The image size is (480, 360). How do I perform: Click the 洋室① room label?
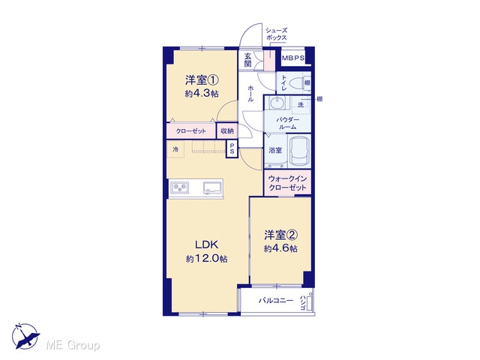click(x=202, y=80)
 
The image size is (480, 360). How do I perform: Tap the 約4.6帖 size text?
click(x=280, y=248)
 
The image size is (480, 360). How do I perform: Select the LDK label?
click(x=207, y=244)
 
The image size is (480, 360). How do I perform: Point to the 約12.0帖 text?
click(x=207, y=259)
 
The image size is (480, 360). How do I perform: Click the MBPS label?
click(x=293, y=58)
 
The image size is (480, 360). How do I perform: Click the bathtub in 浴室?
click(x=300, y=151)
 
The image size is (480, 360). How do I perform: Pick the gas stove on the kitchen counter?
click(x=180, y=187)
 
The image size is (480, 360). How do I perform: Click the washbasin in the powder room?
click(x=277, y=103)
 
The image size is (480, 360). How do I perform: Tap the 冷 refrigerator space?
click(x=175, y=149)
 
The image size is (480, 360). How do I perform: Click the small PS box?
click(x=232, y=149)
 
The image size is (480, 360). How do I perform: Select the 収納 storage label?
click(x=227, y=131)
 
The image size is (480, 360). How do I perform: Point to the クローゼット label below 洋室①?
click(x=191, y=131)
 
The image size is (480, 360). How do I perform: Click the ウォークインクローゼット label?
click(x=287, y=183)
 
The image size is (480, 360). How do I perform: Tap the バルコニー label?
click(x=276, y=301)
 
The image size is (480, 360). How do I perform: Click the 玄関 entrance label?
click(x=248, y=60)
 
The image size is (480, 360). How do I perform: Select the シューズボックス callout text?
click(x=277, y=34)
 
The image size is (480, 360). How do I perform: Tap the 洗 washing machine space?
click(x=301, y=105)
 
